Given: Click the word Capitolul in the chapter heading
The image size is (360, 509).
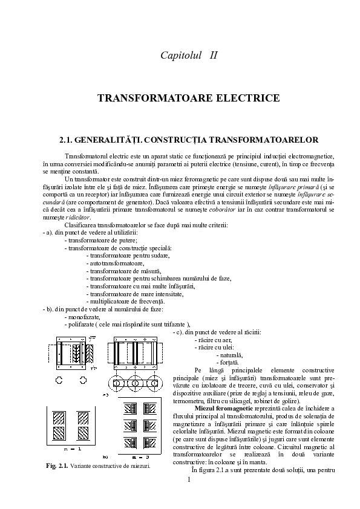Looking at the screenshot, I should [x=180, y=56].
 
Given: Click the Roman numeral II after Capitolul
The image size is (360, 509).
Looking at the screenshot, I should [x=212, y=56].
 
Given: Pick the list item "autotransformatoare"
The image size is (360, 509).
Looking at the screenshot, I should [x=115, y=264].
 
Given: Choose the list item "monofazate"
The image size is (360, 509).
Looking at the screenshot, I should [x=83, y=316].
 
